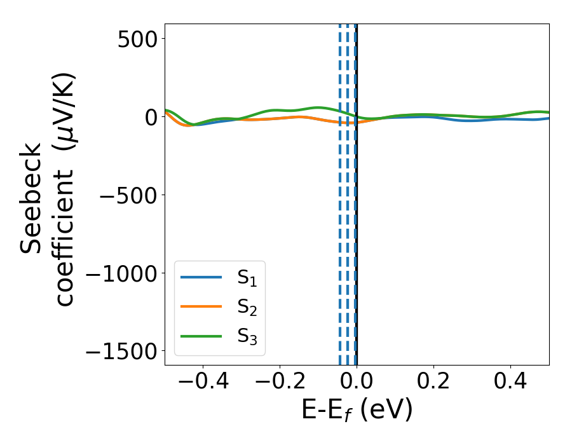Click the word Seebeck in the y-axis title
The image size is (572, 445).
32,198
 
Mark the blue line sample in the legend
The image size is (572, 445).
201,278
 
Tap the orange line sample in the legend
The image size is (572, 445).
201,307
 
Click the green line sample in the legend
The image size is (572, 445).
201,336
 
